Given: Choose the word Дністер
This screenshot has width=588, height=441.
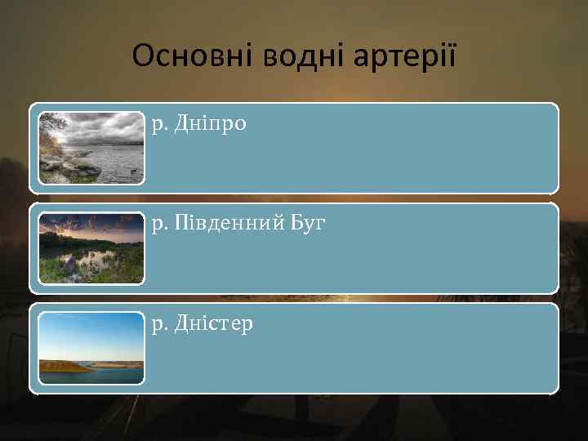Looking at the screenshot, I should coord(213,324).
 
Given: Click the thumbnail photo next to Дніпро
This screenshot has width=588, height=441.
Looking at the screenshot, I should coord(91,148).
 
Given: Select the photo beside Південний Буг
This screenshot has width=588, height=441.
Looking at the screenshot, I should coord(91,248).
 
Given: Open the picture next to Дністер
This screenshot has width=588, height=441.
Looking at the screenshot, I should coord(91,348).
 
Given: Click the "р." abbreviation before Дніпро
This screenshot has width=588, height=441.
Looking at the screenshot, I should coord(159,126).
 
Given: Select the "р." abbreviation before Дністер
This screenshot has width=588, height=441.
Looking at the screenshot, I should coord(159,325).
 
